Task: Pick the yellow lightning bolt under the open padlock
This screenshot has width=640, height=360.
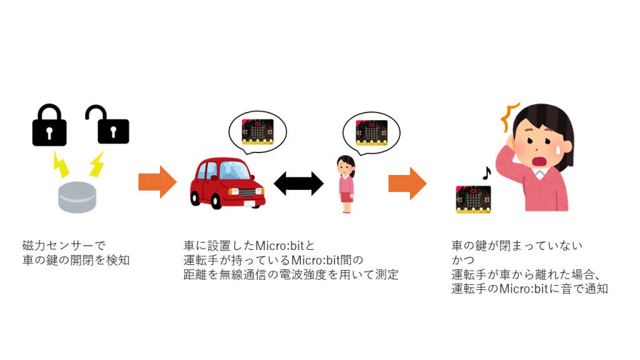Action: coord(96,164)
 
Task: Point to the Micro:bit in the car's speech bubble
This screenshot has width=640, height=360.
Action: coord(257,130)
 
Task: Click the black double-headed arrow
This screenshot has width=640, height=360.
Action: coord(299,183)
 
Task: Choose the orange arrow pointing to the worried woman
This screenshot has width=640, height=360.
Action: coord(407,183)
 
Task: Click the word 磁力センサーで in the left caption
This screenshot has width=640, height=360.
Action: coord(62,245)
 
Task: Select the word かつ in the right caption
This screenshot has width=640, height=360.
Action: coord(462,259)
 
